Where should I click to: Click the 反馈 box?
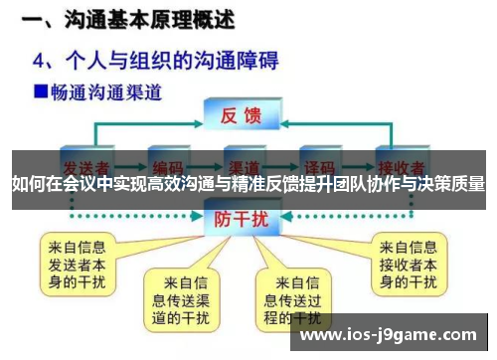pos(240,112)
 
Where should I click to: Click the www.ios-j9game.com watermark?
pos(388,337)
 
